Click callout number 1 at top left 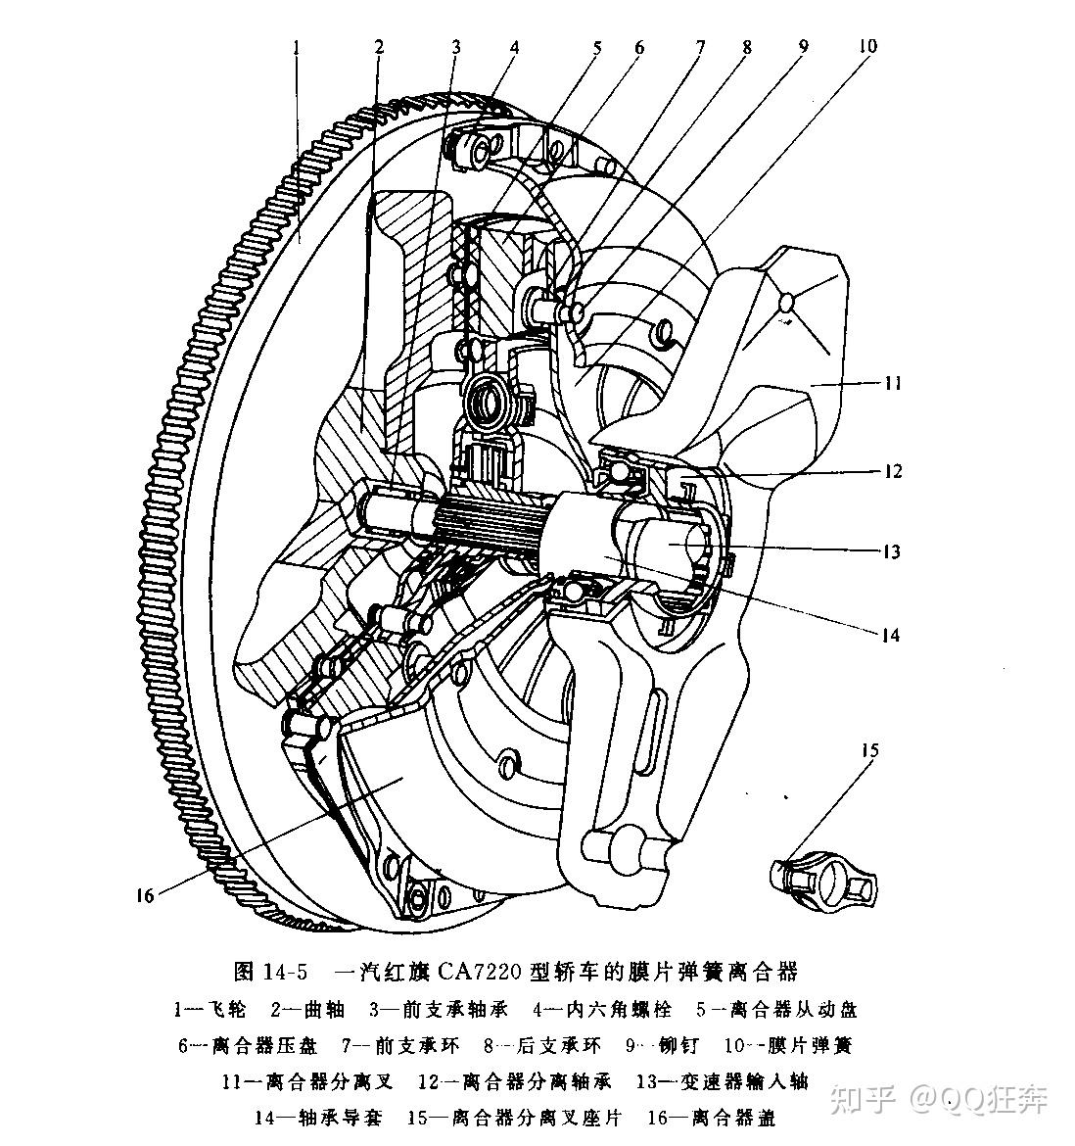tap(296, 46)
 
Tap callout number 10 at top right tap(868, 46)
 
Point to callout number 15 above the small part tap(869, 751)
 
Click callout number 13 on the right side tap(890, 551)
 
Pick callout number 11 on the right tap(891, 383)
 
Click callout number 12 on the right tap(892, 472)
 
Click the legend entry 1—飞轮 tap(210, 1009)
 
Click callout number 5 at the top tap(595, 46)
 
